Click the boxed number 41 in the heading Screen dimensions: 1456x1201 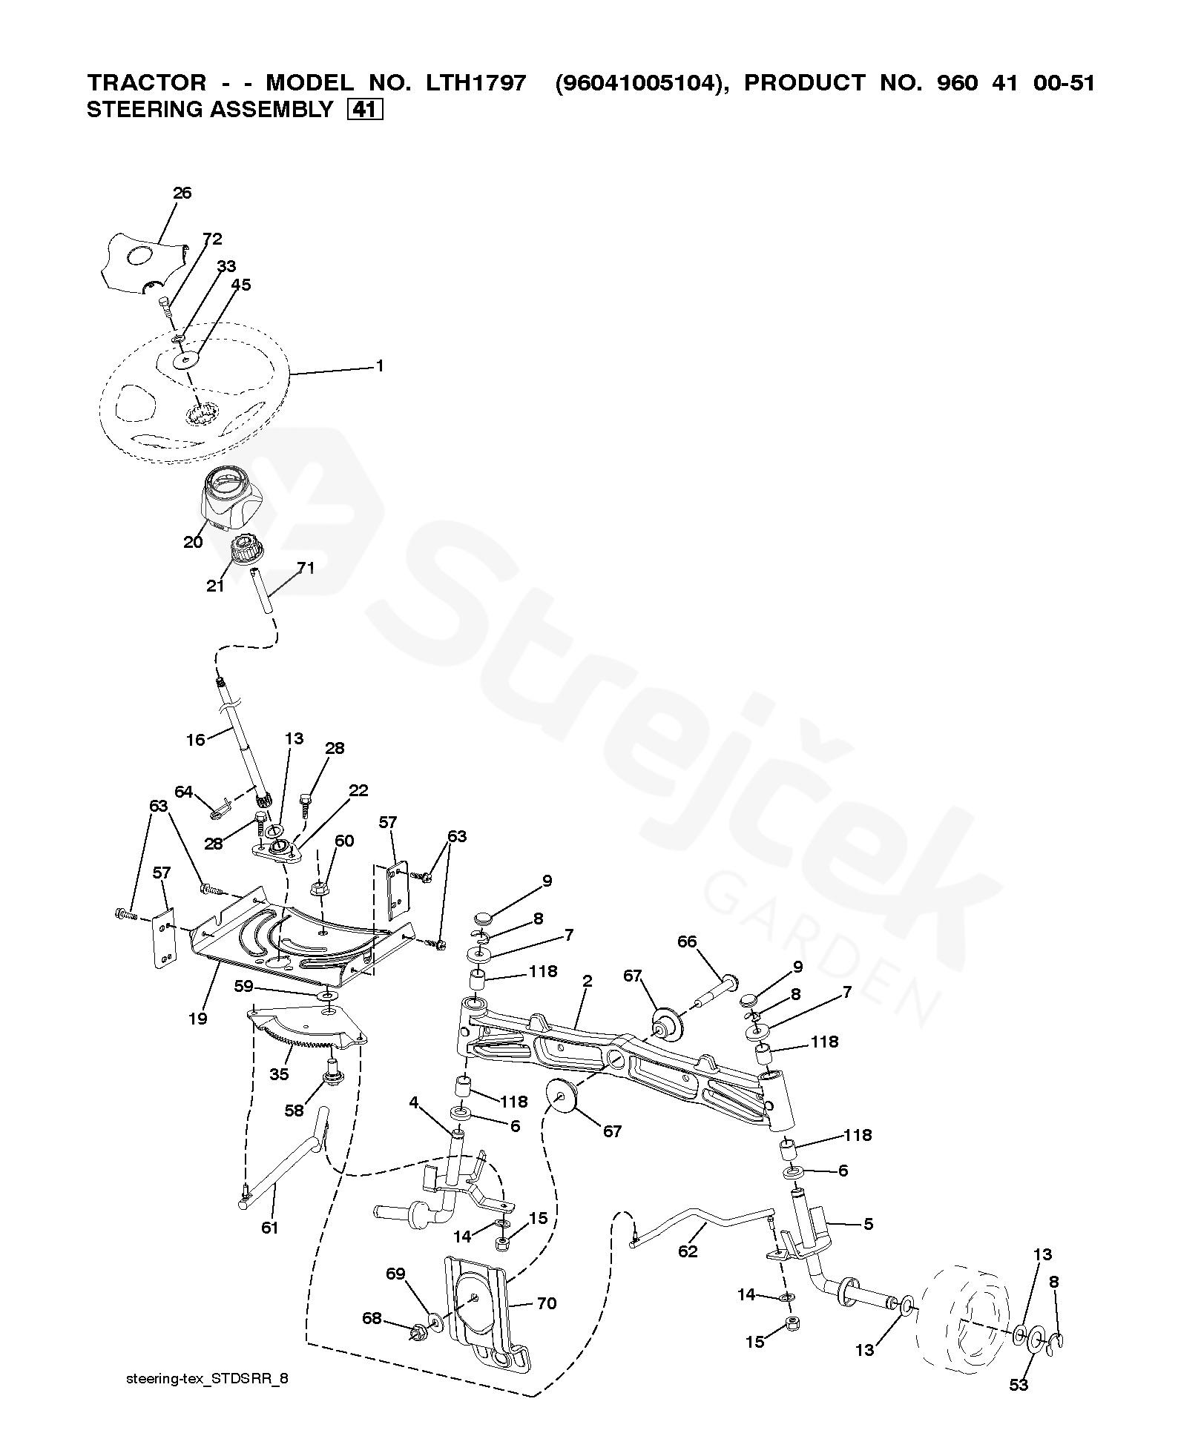point(364,110)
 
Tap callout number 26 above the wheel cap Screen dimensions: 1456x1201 point(182,193)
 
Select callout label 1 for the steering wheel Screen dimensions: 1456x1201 point(380,366)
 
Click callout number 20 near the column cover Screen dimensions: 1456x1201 point(193,543)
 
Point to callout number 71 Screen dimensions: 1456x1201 point(306,569)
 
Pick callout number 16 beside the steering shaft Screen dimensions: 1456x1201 point(195,739)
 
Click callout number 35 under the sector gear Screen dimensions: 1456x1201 point(279,1074)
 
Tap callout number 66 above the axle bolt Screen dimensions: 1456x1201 point(687,942)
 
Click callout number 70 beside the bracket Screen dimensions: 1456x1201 point(547,1304)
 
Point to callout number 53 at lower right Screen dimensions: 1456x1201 point(1019,1385)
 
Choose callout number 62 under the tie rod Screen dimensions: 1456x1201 point(688,1251)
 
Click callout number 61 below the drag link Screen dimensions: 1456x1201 point(269,1228)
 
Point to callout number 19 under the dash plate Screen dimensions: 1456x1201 point(197,1019)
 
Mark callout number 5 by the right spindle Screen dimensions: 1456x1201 point(869,1224)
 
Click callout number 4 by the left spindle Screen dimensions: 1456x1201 point(414,1125)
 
